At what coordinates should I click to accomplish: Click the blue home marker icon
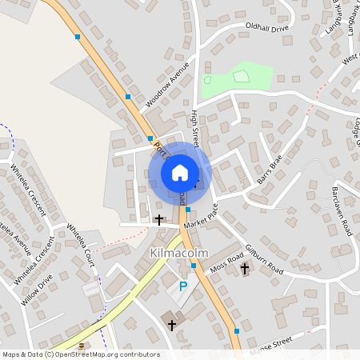[180, 173]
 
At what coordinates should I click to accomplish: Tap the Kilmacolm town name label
[177, 254]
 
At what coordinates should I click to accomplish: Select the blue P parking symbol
[183, 286]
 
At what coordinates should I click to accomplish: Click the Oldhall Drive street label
[267, 29]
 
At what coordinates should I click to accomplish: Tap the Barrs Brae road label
[270, 170]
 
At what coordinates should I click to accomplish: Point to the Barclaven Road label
[342, 211]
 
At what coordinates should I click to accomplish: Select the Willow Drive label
[37, 290]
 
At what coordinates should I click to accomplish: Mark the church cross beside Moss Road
[245, 270]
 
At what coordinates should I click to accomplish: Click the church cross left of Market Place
[158, 218]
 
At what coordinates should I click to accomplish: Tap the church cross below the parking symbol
[170, 325]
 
